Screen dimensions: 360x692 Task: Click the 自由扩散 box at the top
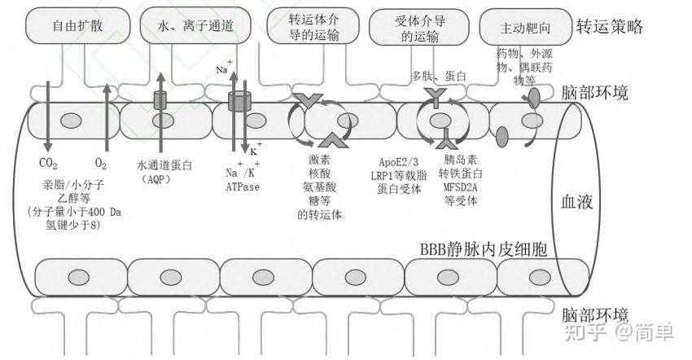tap(77, 26)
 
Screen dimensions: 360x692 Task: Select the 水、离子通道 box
tap(195, 26)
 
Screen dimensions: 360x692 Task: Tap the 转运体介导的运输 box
tap(313, 26)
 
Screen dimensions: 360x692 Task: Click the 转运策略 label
tap(610, 27)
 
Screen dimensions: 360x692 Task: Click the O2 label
tap(101, 163)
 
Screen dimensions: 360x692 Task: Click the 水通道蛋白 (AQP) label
tap(166, 171)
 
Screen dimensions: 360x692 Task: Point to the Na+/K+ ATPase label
tap(242, 179)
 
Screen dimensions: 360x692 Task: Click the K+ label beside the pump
tap(254, 149)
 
